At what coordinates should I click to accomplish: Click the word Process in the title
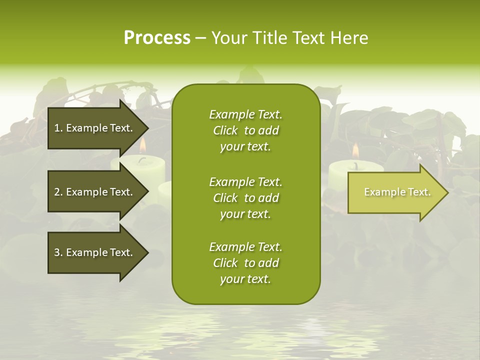(x=157, y=38)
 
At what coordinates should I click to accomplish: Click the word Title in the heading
(x=270, y=38)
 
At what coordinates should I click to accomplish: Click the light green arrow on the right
(x=395, y=192)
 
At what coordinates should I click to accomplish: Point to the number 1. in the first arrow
(x=58, y=128)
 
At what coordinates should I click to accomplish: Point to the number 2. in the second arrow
(x=58, y=192)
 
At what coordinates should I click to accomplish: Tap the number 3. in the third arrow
(x=58, y=252)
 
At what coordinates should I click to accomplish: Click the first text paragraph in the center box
(x=245, y=130)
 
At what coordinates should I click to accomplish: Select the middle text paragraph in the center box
(x=245, y=197)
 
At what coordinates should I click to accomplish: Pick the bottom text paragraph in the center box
(x=245, y=263)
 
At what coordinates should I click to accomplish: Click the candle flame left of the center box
(x=142, y=145)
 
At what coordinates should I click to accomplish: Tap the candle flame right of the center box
(x=355, y=150)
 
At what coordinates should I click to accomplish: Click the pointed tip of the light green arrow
(x=447, y=192)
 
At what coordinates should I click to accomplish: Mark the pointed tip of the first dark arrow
(x=147, y=128)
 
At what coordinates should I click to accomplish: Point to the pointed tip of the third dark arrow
(x=147, y=252)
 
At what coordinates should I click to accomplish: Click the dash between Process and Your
(x=201, y=38)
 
